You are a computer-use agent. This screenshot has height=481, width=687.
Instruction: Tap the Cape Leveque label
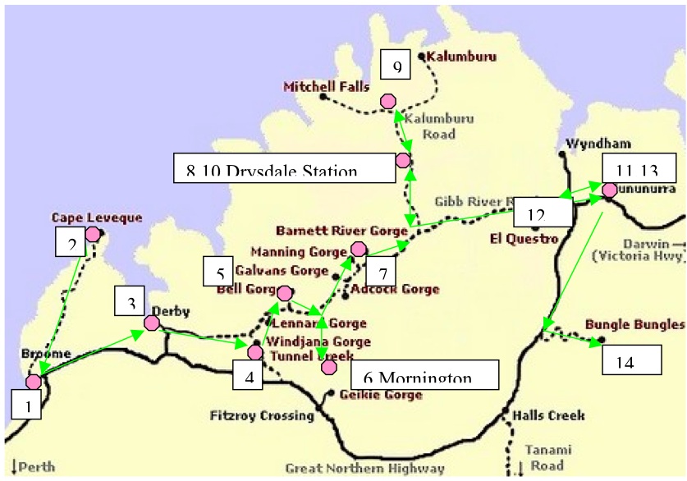pyautogui.click(x=96, y=218)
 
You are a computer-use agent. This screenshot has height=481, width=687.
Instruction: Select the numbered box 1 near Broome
pyautogui.click(x=27, y=405)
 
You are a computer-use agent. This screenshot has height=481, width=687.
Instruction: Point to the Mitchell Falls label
pyautogui.click(x=326, y=86)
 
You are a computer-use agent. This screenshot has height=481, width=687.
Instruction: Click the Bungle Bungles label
pyautogui.click(x=634, y=323)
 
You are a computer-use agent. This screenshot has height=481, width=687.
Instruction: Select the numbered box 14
pyautogui.click(x=631, y=358)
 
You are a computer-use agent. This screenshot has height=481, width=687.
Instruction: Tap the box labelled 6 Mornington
pyautogui.click(x=424, y=373)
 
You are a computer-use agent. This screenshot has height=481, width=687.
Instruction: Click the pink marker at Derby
pyautogui.click(x=152, y=323)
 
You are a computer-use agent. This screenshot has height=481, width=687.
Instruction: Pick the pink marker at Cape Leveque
pyautogui.click(x=93, y=234)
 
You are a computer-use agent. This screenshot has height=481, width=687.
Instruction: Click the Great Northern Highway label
pyautogui.click(x=364, y=469)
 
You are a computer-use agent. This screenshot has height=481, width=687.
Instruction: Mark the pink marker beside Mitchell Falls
pyautogui.click(x=387, y=100)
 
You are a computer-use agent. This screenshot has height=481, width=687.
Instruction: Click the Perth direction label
pyautogui.click(x=34, y=467)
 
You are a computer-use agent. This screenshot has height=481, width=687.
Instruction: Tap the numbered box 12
pyautogui.click(x=542, y=213)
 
